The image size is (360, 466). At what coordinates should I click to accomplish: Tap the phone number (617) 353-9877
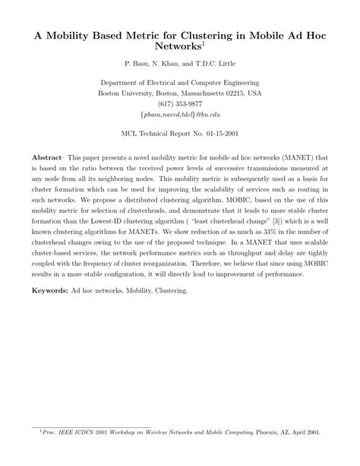(180, 104)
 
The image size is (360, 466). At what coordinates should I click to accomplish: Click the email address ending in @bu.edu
(180, 115)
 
